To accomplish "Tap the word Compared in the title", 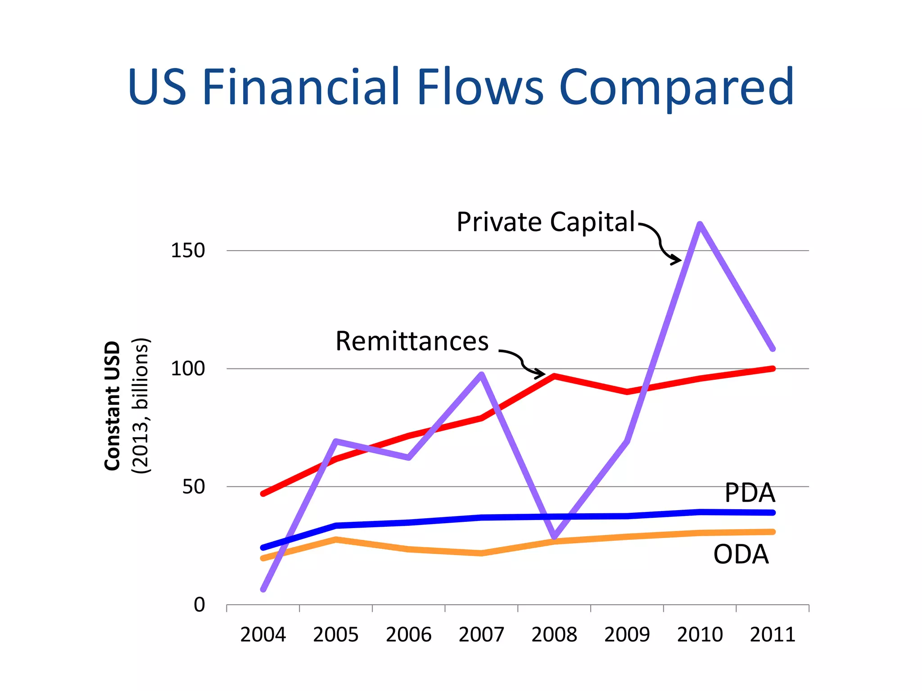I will point(676,88).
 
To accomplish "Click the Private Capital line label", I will point(546,222).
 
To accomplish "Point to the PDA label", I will point(750,493).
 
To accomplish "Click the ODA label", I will point(741,554).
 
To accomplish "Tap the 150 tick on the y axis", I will point(188,251).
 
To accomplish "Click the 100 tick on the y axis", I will point(188,369).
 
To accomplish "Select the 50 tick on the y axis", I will point(194,487).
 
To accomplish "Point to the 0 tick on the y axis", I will point(199,605).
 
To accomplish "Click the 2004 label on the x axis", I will point(263,635).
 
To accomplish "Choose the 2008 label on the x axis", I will point(554,635).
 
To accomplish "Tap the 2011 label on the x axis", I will point(773,635).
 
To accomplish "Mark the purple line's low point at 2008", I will point(555,537).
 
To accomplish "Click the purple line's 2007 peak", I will point(482,374).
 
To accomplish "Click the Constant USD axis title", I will point(113,406).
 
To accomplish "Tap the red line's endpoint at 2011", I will point(773,369).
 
